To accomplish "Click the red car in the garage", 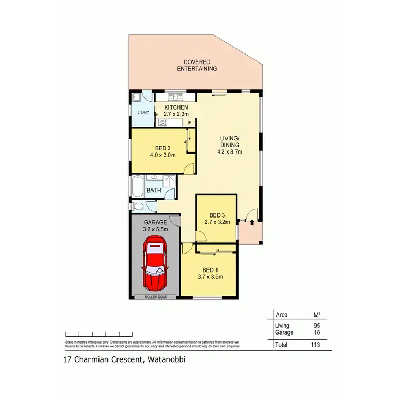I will (155, 263).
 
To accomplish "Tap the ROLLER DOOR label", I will (156, 297).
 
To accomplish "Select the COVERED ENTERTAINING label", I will (197, 65).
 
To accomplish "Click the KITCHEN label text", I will (176, 107).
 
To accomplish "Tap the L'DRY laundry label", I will (143, 112).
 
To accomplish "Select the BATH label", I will (154, 190).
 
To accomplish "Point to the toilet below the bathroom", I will (137, 206).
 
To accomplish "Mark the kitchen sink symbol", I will (175, 97).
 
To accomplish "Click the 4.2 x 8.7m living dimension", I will (230, 151).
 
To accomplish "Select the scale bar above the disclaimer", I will (99, 334).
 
